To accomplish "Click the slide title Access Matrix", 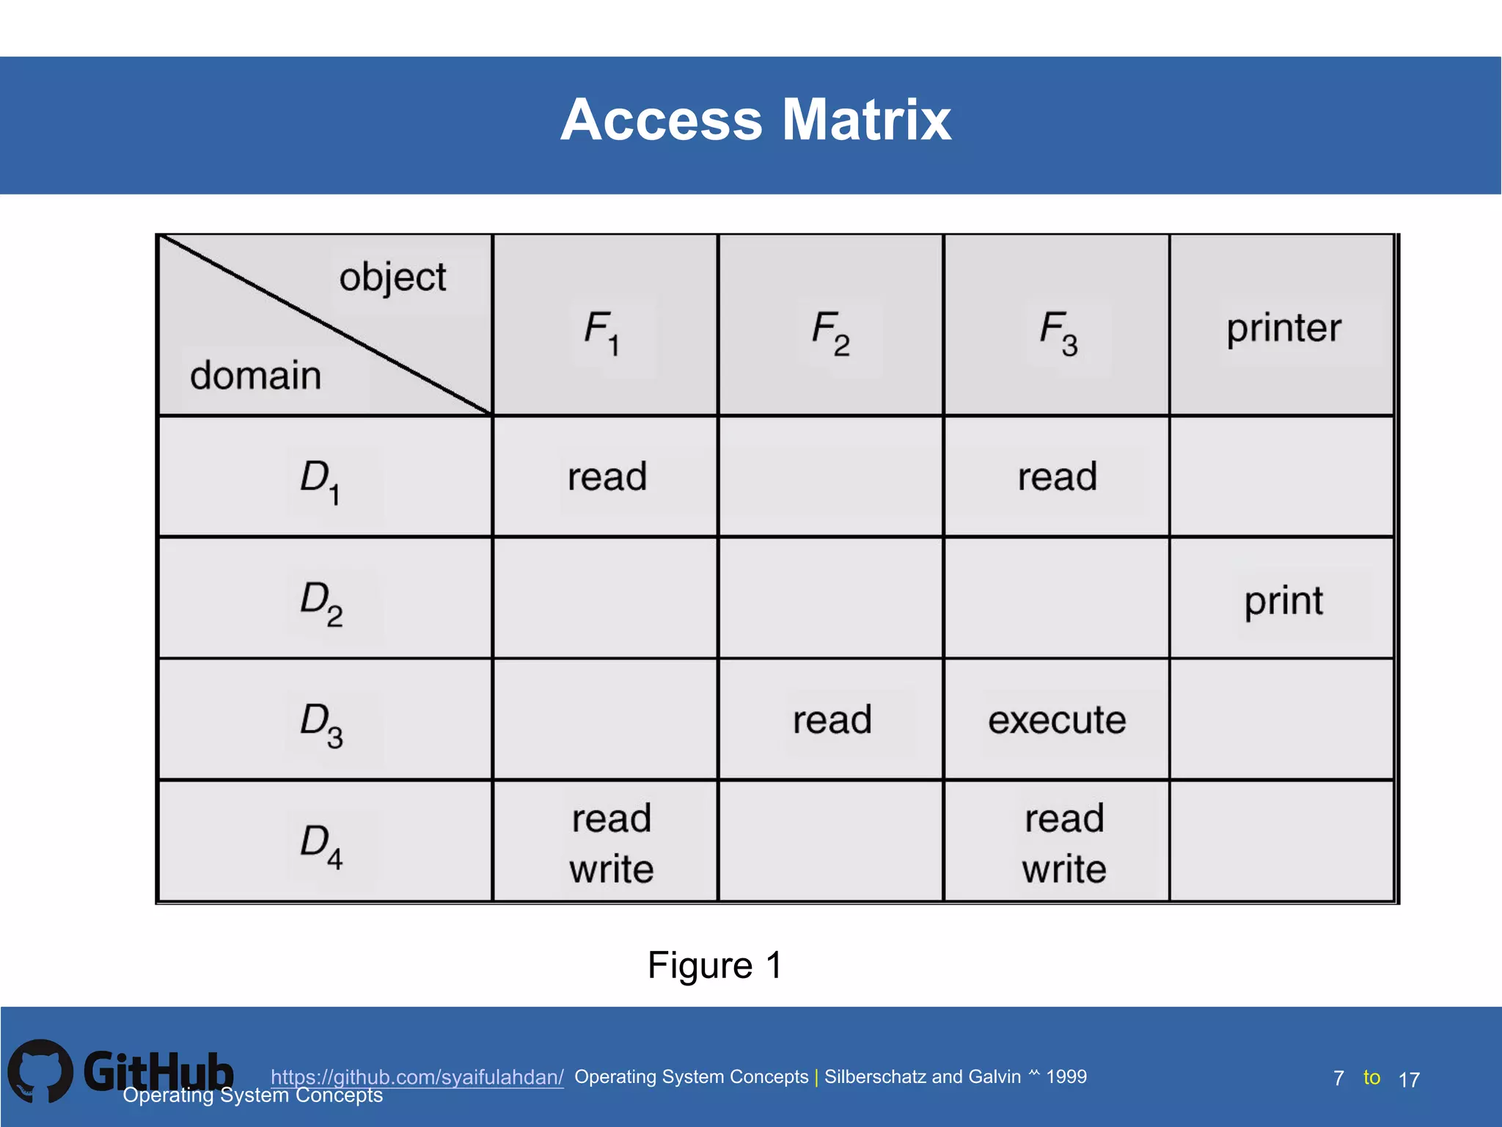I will coord(755,120).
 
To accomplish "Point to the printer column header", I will coord(1283,328).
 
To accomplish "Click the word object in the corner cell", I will coord(392,278).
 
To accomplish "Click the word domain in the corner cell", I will coord(255,376).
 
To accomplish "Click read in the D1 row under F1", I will coord(607,477).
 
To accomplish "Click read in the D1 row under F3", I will coord(1057,477).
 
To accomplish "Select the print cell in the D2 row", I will coord(1283,601).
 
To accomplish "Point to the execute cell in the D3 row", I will coord(1057,720).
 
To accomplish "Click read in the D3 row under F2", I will coord(832,720).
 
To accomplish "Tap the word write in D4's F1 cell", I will coord(612,869).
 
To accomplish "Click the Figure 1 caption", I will coord(715,965).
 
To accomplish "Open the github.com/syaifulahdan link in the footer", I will coord(417,1077).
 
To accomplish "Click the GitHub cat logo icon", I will coord(40,1071).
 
